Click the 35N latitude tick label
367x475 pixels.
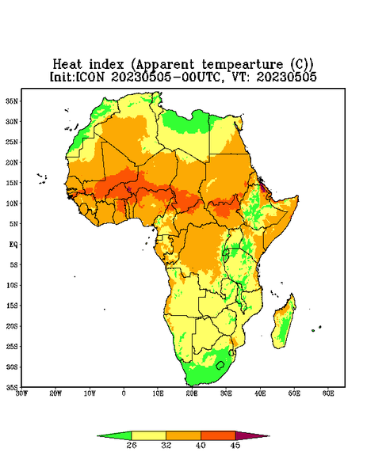(12, 101)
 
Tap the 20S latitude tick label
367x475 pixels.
(12, 326)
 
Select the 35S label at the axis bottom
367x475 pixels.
(12, 387)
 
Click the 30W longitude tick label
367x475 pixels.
(21, 393)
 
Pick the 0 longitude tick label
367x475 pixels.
(124, 393)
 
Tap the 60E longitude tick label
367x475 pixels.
(328, 393)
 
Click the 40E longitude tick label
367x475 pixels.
(260, 393)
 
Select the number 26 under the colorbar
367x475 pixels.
(132, 445)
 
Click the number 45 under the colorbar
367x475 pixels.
(235, 445)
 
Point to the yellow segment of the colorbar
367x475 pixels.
(148, 435)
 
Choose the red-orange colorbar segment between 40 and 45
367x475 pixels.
(218, 435)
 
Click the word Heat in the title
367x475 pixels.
(67, 65)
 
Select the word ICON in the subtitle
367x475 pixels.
(89, 77)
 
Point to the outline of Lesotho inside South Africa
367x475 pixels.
(220, 365)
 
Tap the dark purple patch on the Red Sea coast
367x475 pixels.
(262, 187)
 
